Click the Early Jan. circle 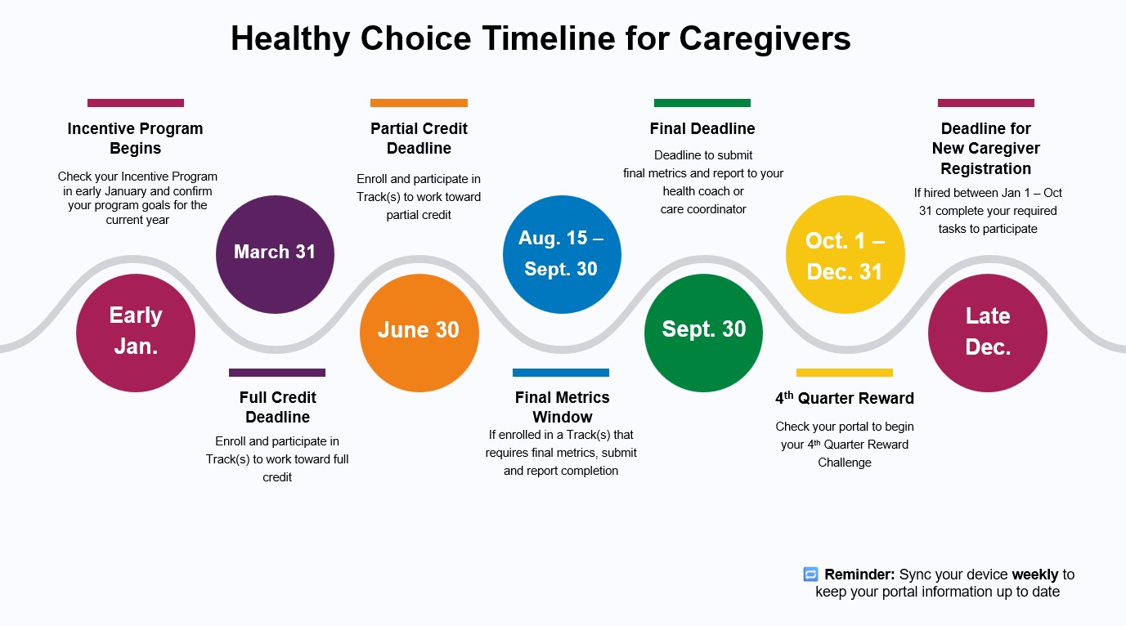[136, 333]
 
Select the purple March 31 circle [275, 254]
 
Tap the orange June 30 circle [419, 333]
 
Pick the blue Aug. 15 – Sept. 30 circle [562, 254]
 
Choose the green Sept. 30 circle [704, 333]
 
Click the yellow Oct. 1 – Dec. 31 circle [846, 254]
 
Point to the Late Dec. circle [988, 333]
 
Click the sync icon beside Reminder [810, 574]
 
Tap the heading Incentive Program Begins [135, 138]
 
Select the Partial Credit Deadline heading [419, 138]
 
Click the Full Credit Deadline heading [277, 407]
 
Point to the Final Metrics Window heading [562, 407]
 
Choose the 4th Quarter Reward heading [845, 398]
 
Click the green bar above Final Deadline [702, 103]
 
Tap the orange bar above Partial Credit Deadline [419, 103]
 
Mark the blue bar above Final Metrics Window [561, 373]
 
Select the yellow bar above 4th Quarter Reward [845, 373]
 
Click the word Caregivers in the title [765, 38]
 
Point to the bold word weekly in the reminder [1035, 575]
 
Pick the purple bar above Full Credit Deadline [277, 373]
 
